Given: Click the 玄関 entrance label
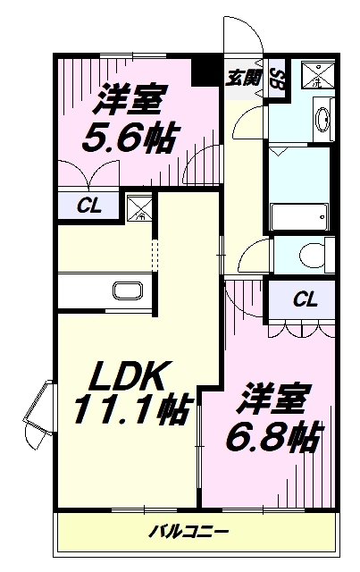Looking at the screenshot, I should pos(245,77).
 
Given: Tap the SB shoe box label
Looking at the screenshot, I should pos(278,77).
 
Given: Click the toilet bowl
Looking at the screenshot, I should pos(308,254).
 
